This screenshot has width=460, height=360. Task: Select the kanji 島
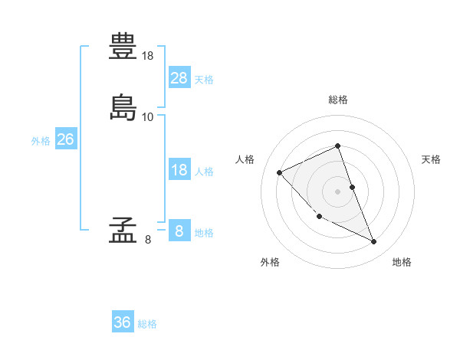click(x=123, y=107)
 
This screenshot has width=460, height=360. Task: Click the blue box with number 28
click(x=179, y=77)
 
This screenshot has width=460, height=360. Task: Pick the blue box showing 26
click(x=65, y=139)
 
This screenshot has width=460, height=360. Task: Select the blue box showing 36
click(x=123, y=322)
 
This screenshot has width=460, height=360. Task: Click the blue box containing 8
click(x=179, y=231)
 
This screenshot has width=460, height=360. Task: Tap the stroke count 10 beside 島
click(x=148, y=117)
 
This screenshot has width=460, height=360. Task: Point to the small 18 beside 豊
click(x=148, y=56)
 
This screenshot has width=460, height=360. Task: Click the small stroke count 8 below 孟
click(x=148, y=240)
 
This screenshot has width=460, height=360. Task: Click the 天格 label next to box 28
click(x=204, y=80)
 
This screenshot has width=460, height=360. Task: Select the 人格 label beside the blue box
click(x=204, y=172)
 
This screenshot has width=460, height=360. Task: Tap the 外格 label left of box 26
click(x=41, y=141)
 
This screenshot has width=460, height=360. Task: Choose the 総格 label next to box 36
click(x=147, y=324)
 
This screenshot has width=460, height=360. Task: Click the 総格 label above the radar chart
click(x=338, y=100)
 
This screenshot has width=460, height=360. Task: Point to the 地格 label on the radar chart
click(x=402, y=262)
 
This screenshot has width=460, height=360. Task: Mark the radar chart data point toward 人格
click(x=280, y=172)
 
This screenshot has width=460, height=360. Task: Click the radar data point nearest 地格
click(x=374, y=242)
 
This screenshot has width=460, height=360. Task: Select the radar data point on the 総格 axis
click(x=338, y=146)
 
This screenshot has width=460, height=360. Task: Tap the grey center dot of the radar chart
click(x=338, y=191)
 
